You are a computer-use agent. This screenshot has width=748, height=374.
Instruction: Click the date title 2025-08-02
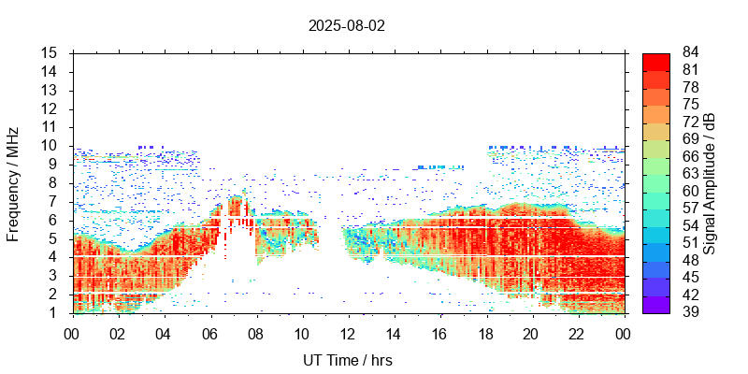coord(347,26)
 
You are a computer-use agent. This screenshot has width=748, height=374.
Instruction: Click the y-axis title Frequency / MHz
coord(13,182)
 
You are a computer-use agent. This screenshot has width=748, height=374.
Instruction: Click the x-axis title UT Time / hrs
coord(347,361)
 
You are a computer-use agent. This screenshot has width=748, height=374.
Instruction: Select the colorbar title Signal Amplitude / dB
coord(711,182)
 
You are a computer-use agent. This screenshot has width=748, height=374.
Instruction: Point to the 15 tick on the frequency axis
coord(50,52)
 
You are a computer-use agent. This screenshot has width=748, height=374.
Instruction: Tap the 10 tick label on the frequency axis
coord(50,146)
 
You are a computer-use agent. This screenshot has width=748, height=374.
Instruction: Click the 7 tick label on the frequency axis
coord(54,201)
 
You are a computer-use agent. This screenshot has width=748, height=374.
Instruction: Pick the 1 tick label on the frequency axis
coord(54,312)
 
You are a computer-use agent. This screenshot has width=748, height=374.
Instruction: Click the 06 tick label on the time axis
coord(209,334)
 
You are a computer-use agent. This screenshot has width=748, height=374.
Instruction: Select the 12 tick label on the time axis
coord(348,334)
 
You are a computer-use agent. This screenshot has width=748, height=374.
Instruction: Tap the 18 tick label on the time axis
coord(486,334)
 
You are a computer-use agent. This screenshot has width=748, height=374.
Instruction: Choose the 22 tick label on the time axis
coord(578,334)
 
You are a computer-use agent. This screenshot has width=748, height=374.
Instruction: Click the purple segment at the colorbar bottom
coord(655,304)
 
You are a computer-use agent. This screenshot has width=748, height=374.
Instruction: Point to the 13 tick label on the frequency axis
coord(50,90)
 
